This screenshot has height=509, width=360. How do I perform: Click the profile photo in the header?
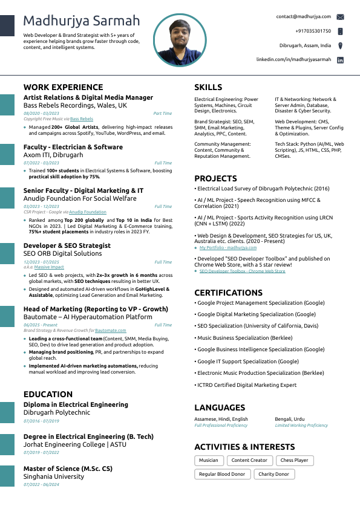179,41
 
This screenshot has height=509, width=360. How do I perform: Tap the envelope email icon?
341,17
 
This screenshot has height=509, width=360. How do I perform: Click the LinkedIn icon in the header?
341,60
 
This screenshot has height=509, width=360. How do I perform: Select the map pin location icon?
341,45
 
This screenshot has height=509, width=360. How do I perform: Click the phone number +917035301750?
313,31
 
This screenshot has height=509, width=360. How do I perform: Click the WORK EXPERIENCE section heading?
64,87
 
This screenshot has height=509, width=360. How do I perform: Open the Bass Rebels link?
82,119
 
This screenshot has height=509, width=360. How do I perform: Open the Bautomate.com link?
111,331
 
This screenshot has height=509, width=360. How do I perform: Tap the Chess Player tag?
295,460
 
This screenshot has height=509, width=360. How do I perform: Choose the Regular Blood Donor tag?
222,474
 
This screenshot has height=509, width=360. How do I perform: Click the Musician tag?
209,460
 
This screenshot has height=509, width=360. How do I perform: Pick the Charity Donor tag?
273,474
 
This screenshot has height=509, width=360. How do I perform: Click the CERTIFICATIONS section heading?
228,293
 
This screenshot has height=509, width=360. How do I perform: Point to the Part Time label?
162,113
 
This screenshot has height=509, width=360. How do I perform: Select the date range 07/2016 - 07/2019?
41,421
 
